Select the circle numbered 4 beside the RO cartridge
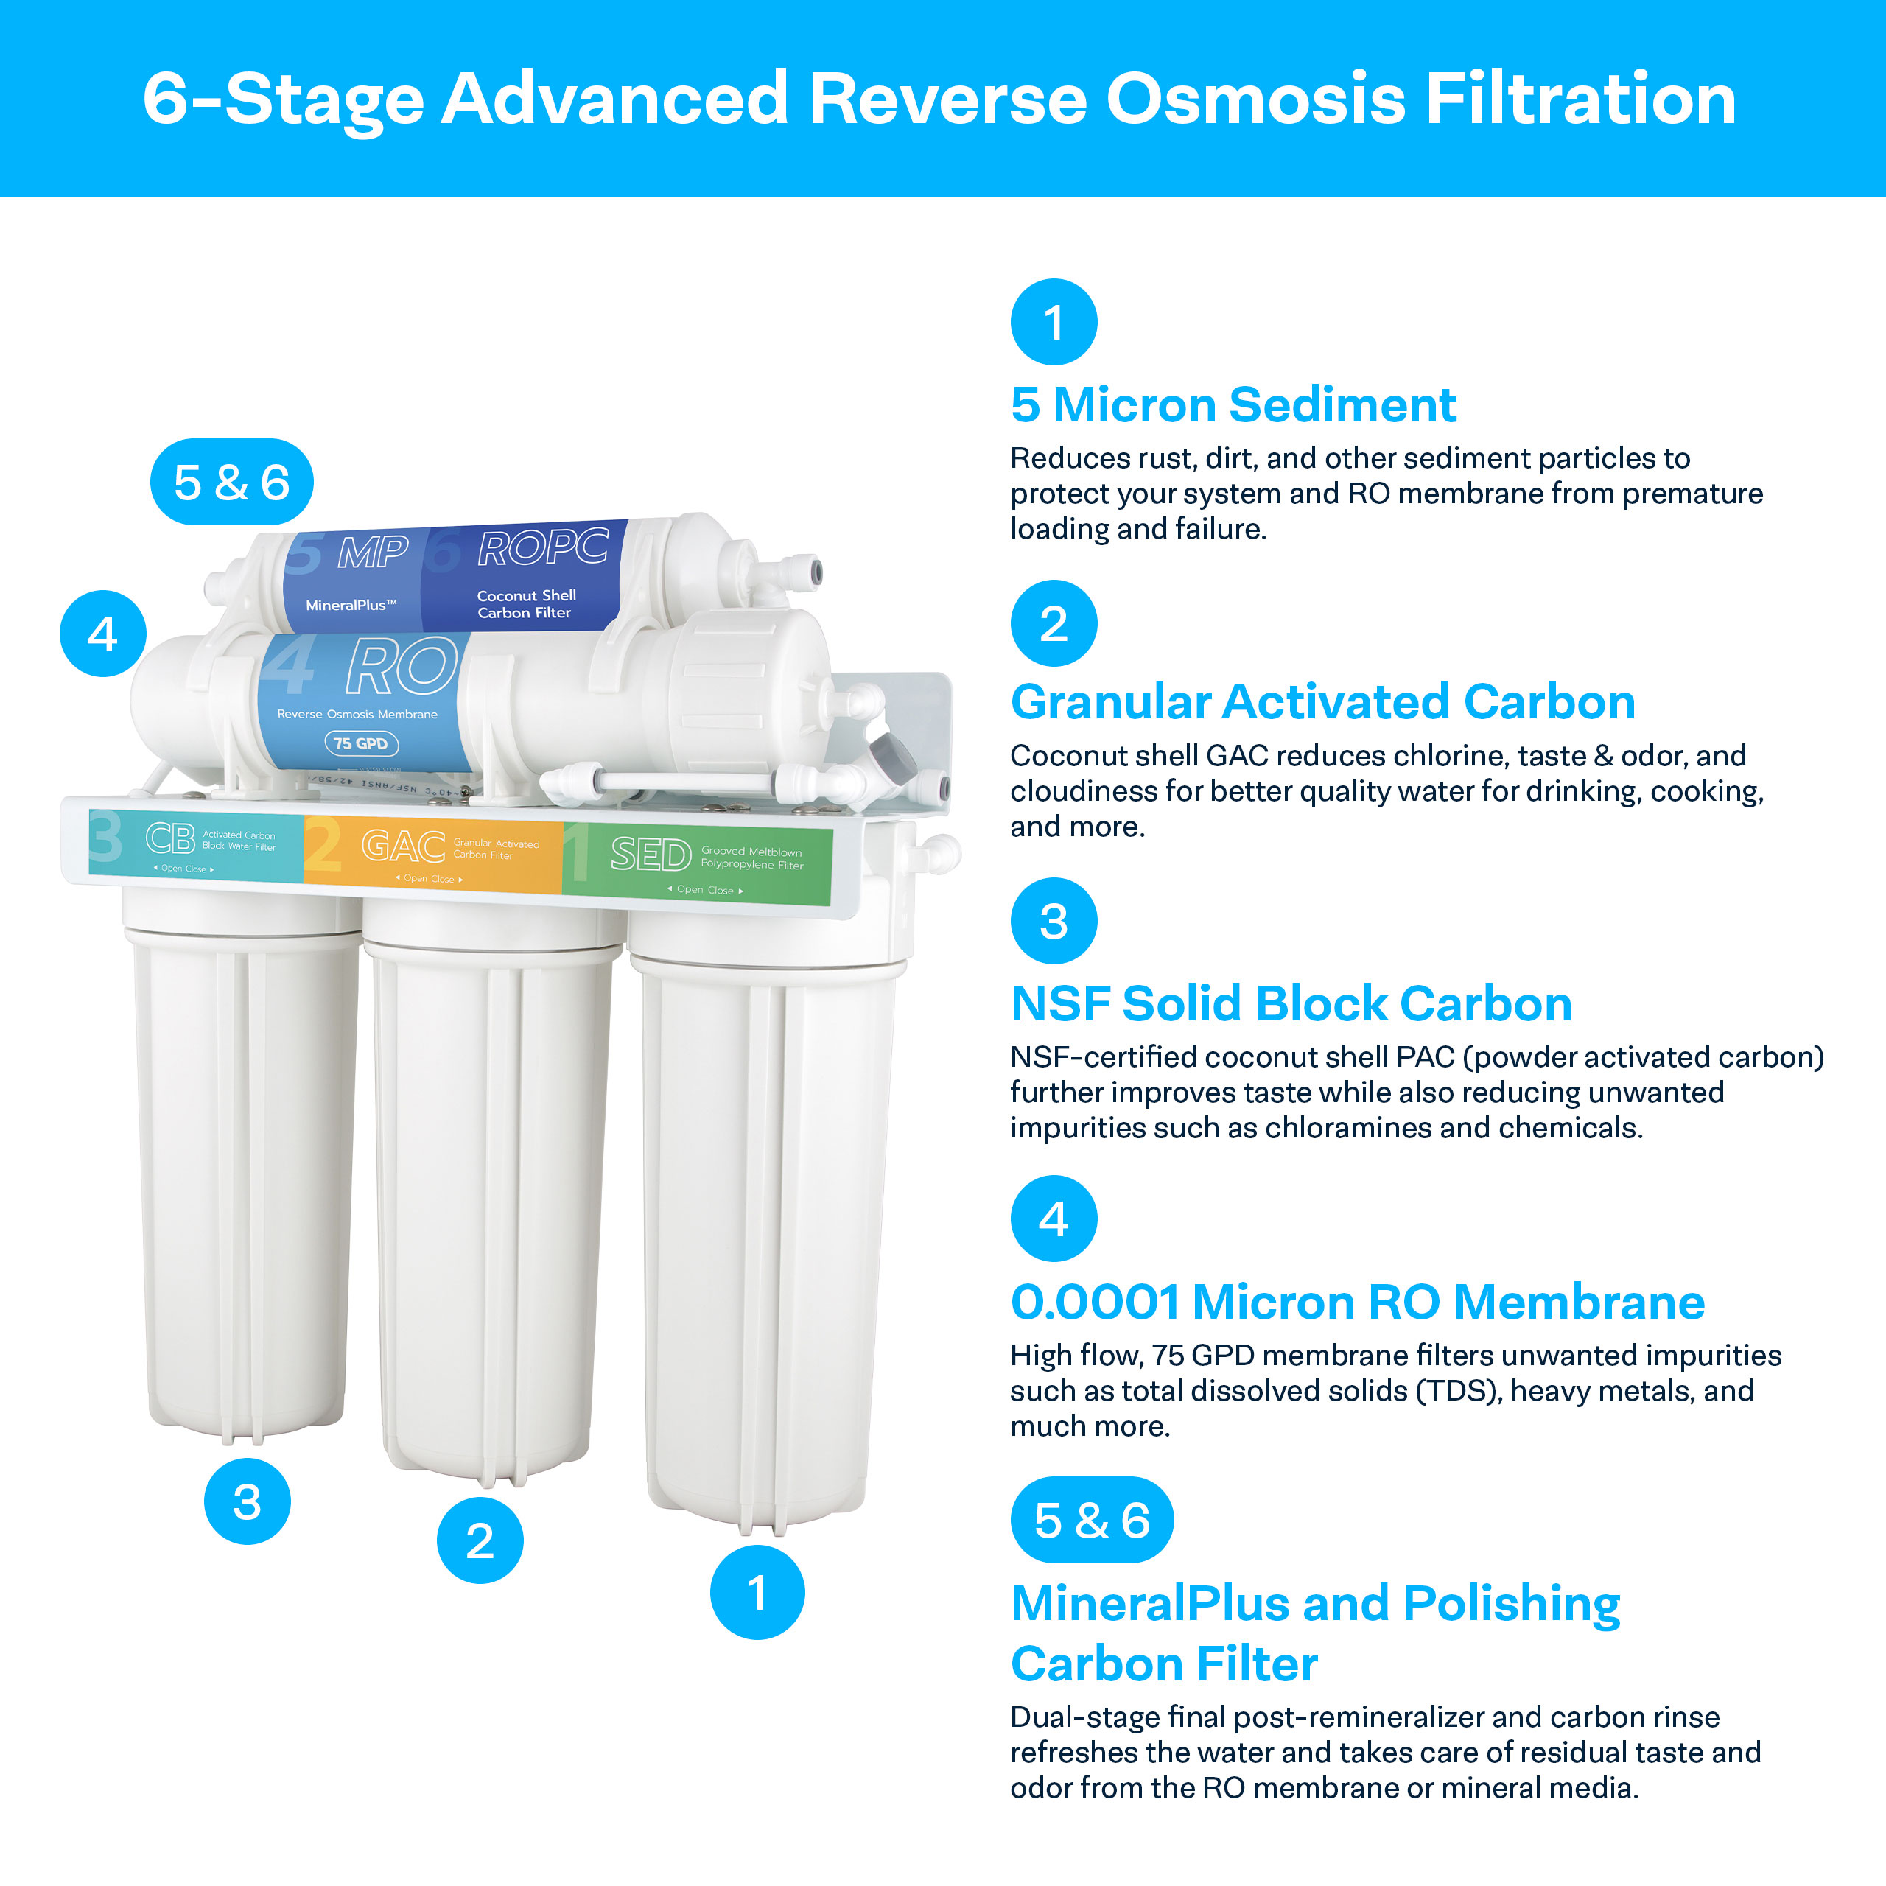[x=102, y=634]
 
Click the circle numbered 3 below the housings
[x=247, y=1501]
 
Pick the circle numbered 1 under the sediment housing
[x=757, y=1592]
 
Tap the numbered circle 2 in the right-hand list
[x=1054, y=624]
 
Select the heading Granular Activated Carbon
[x=1322, y=702]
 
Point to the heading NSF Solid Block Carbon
[x=1291, y=1003]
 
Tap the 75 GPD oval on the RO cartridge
[x=360, y=744]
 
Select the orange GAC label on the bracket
[x=403, y=845]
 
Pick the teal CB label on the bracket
[x=171, y=838]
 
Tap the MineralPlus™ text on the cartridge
[x=351, y=606]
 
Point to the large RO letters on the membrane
[x=402, y=667]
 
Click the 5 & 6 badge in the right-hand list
[x=1091, y=1520]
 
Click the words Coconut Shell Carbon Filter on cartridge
[x=526, y=604]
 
